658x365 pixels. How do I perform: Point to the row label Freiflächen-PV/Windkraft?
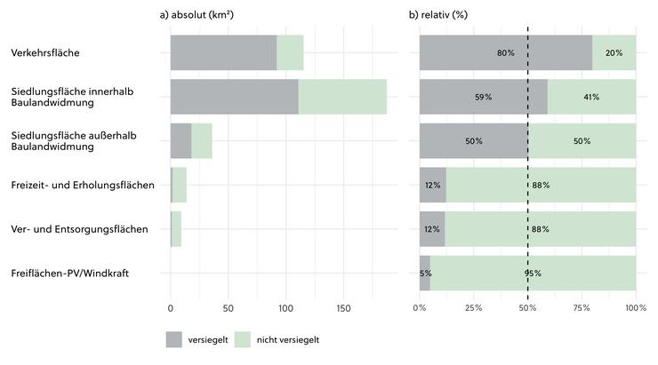point(71,273)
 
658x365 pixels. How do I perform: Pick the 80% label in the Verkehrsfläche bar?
point(506,53)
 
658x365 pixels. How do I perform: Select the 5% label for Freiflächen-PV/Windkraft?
point(425,273)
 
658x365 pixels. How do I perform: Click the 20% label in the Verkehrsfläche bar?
point(614,53)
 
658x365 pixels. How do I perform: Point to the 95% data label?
point(533,273)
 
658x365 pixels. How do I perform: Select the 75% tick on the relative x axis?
point(582,308)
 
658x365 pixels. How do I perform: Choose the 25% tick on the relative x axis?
point(474,308)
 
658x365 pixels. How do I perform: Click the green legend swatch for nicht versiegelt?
point(246,339)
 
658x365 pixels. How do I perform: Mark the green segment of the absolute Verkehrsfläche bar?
point(290,53)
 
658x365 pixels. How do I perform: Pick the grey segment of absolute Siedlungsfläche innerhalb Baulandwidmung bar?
point(234,97)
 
